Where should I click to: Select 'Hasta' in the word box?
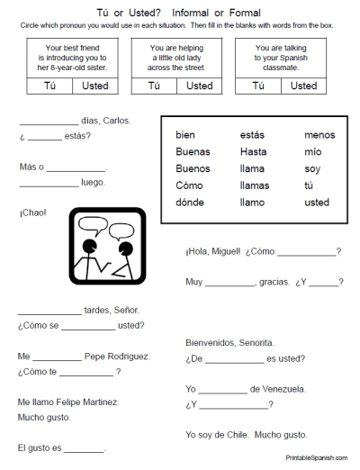click(x=253, y=151)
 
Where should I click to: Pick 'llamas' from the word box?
click(x=255, y=185)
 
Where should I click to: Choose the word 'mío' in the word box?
click(x=312, y=151)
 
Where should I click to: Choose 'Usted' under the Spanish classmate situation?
click(x=303, y=86)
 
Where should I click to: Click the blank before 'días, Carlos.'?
click(x=49, y=122)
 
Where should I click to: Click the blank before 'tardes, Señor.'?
click(x=49, y=311)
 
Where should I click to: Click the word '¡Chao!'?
click(x=31, y=213)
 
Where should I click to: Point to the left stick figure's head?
click(x=88, y=246)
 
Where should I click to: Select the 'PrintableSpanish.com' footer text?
click(x=318, y=458)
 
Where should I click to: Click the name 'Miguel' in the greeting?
click(x=224, y=251)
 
